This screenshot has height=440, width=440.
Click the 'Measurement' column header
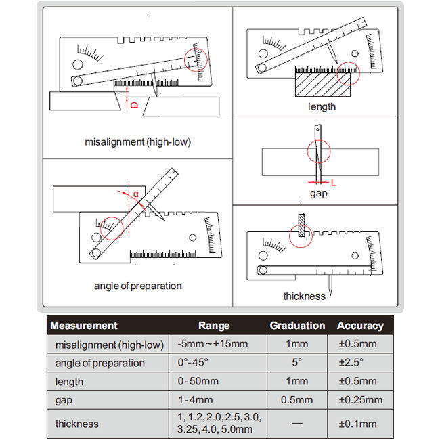(x=84, y=326)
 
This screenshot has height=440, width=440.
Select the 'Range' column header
(x=214, y=326)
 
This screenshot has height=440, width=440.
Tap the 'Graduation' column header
(x=297, y=326)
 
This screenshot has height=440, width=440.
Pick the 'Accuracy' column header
(x=360, y=326)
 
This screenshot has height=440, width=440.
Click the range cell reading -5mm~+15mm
(x=214, y=344)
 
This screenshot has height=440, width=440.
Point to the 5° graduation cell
(x=297, y=363)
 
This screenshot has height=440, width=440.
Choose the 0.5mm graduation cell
(x=297, y=400)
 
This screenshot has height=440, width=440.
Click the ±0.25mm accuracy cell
(x=360, y=400)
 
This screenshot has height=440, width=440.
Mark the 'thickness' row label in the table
(x=77, y=424)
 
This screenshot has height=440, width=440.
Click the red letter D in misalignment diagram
(x=133, y=105)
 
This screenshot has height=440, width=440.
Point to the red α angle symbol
(x=135, y=195)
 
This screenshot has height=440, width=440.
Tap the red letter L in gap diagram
(x=333, y=181)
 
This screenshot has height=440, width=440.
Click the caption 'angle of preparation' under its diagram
(x=137, y=286)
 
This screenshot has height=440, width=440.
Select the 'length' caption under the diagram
(x=322, y=106)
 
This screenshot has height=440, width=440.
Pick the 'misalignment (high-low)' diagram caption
(x=137, y=142)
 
